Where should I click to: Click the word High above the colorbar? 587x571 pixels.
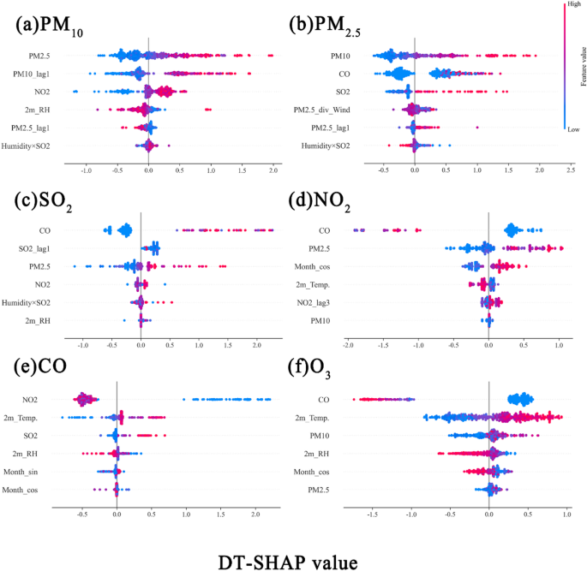567,5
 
